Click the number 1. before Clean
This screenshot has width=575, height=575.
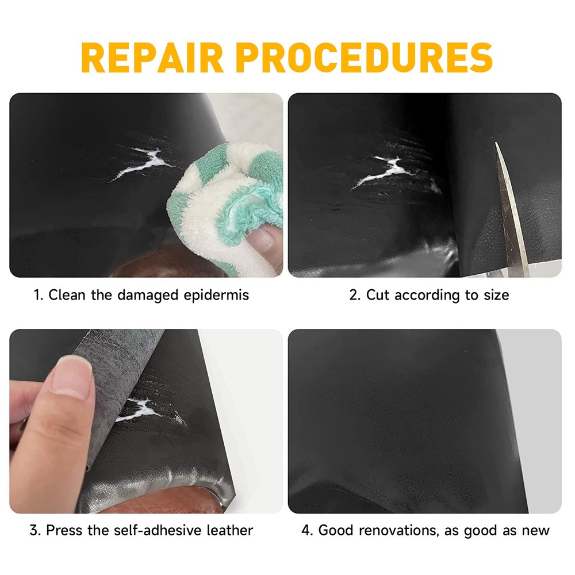click(x=39, y=296)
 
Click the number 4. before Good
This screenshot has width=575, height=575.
click(x=307, y=530)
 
